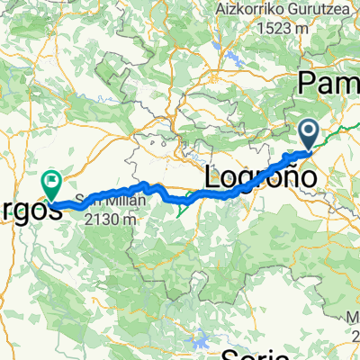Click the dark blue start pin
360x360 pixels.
[308, 135]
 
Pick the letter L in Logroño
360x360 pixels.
[216, 175]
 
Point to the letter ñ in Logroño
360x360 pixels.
[285, 175]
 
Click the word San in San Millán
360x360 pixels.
[85, 201]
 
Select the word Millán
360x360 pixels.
[119, 201]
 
